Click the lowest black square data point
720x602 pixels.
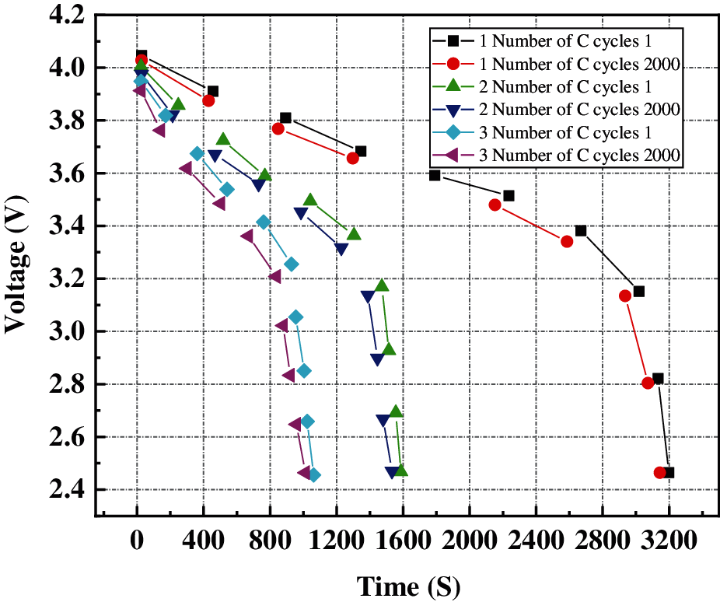pyautogui.click(x=669, y=472)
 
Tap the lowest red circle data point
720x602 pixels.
pyautogui.click(x=660, y=472)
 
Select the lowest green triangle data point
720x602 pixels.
pyautogui.click(x=401, y=470)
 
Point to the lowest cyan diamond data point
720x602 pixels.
pyautogui.click(x=313, y=475)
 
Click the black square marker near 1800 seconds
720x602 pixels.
pyautogui.click(x=435, y=175)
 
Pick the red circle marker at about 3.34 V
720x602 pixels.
pyautogui.click(x=567, y=241)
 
